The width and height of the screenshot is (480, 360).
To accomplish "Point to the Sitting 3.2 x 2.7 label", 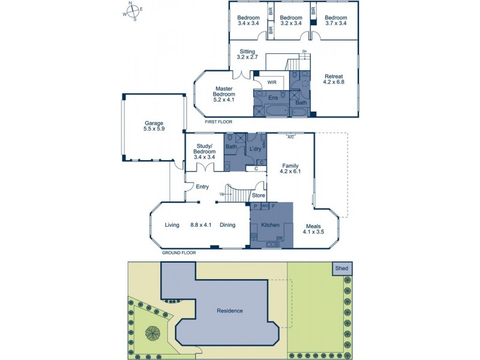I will point(248,55).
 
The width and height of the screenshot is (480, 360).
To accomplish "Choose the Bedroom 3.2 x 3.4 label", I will point(290,20).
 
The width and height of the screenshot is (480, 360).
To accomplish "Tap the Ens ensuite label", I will point(273,97).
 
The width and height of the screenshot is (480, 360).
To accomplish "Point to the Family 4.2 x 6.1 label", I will point(290,168).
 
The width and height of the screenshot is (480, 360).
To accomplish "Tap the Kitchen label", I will point(271,225).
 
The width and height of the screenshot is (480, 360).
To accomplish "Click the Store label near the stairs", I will point(258,195).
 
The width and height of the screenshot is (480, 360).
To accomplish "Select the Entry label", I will point(202,187).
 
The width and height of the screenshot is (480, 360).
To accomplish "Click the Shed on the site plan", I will point(341,269).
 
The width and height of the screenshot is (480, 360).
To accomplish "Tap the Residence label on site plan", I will point(230,310).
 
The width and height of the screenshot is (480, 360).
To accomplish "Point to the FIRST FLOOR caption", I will point(218,122).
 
